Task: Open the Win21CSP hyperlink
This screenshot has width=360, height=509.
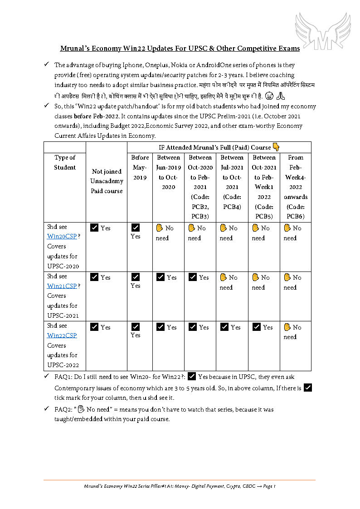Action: pyautogui.click(x=62, y=286)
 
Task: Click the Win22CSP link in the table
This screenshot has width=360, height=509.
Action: pyautogui.click(x=62, y=335)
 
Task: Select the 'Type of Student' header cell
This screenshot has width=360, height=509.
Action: pyautogui.click(x=65, y=162)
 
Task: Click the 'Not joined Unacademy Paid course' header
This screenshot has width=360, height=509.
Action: pyautogui.click(x=107, y=181)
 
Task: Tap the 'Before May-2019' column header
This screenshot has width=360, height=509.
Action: pyautogui.click(x=140, y=167)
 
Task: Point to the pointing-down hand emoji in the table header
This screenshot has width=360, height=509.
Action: pyautogui.click(x=276, y=147)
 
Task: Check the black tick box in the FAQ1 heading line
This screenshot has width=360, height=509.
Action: pyautogui.click(x=191, y=376)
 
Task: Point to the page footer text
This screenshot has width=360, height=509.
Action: pyautogui.click(x=180, y=486)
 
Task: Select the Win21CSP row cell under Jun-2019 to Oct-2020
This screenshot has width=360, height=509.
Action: pyautogui.click(x=168, y=277)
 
